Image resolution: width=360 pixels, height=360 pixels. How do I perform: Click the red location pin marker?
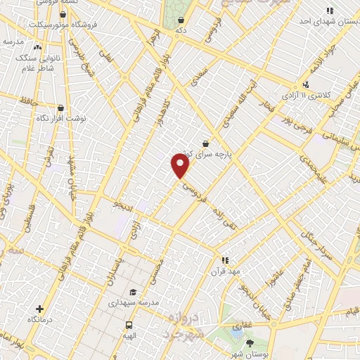tap(181, 166)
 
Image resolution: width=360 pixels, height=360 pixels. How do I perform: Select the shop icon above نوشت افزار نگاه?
tap(60, 108)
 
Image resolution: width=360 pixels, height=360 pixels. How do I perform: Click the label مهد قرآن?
tap(224, 271)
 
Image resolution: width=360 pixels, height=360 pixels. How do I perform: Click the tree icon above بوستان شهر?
tap(252, 342)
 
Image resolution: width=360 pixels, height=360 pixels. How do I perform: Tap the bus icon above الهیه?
tap(129, 325)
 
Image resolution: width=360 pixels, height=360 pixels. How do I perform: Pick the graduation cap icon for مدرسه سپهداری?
tap(132, 292)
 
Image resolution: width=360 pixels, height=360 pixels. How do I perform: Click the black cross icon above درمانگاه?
tap(39, 308)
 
